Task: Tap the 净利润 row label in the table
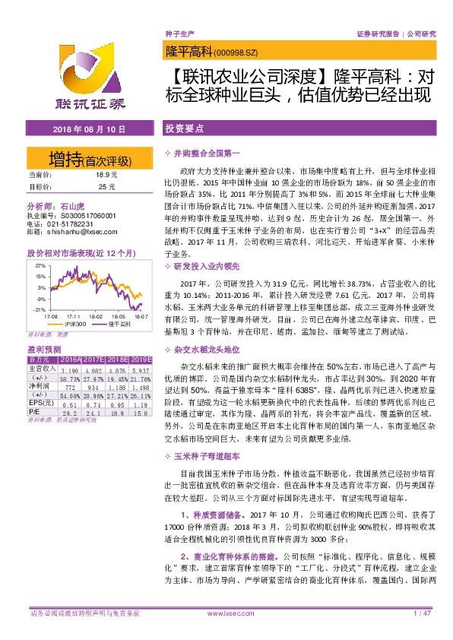pos(37,385)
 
